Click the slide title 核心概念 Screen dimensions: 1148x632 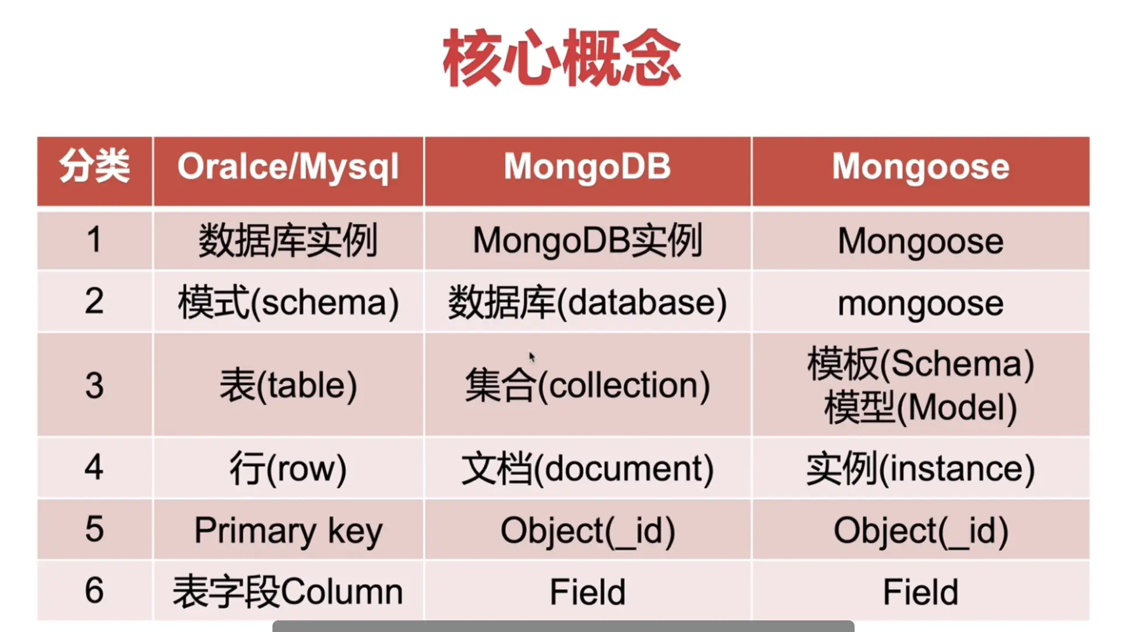click(562, 58)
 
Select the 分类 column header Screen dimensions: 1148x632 click(94, 166)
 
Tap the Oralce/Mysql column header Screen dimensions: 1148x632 click(288, 168)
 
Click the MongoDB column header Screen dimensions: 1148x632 click(587, 166)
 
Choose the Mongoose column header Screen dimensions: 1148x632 click(920, 167)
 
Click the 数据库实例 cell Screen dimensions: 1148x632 click(288, 240)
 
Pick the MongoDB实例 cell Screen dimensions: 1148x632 click(587, 240)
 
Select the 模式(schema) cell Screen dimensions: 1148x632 click(288, 303)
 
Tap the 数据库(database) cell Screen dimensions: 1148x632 click(587, 303)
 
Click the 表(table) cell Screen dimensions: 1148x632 click(288, 385)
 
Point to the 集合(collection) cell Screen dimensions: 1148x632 click(587, 385)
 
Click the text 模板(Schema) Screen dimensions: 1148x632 click(920, 364)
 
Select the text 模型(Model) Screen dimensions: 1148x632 click(920, 407)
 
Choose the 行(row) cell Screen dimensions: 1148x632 click(288, 468)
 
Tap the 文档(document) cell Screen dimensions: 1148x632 click(587, 468)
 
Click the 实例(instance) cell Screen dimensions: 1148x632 click(920, 468)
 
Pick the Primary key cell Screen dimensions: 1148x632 click(288, 531)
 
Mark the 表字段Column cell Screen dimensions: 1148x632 click(288, 592)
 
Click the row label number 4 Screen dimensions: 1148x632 click(94, 467)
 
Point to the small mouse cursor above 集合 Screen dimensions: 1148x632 click(532, 357)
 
